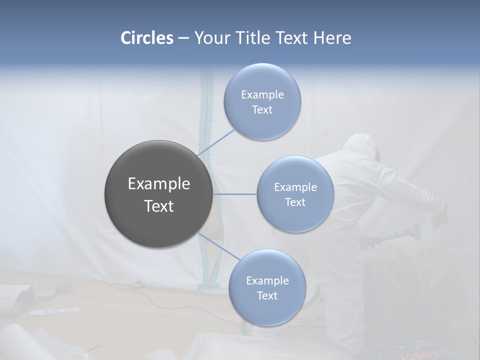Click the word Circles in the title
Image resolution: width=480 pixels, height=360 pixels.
pyautogui.click(x=146, y=38)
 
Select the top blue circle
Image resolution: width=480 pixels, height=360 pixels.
pyautogui.click(x=262, y=80)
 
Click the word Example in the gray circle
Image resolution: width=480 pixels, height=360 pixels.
pyautogui.click(x=158, y=183)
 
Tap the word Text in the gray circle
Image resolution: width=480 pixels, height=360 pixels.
pyautogui.click(x=158, y=206)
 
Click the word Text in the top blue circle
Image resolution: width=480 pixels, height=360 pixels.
pyautogui.click(x=262, y=110)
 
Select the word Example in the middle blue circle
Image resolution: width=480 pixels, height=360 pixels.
pyautogui.click(x=295, y=187)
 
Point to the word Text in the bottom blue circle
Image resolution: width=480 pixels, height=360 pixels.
pyautogui.click(x=267, y=295)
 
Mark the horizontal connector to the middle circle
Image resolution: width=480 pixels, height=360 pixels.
pyautogui.click(x=234, y=194)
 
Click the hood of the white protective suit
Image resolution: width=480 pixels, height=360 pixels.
pyautogui.click(x=359, y=145)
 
